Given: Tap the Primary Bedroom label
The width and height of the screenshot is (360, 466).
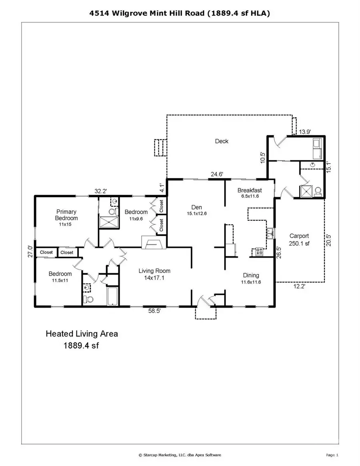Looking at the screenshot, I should coord(67,215).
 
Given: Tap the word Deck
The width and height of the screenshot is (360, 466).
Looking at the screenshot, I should coord(222,141).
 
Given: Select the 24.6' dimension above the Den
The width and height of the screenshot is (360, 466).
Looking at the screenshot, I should coord(217,174).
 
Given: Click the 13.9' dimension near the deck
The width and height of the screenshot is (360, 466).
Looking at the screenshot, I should coord(305,131).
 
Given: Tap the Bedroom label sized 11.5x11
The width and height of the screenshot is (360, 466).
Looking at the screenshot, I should coord(60,277).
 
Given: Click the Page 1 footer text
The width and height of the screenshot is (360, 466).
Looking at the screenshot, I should coord(332,455).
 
